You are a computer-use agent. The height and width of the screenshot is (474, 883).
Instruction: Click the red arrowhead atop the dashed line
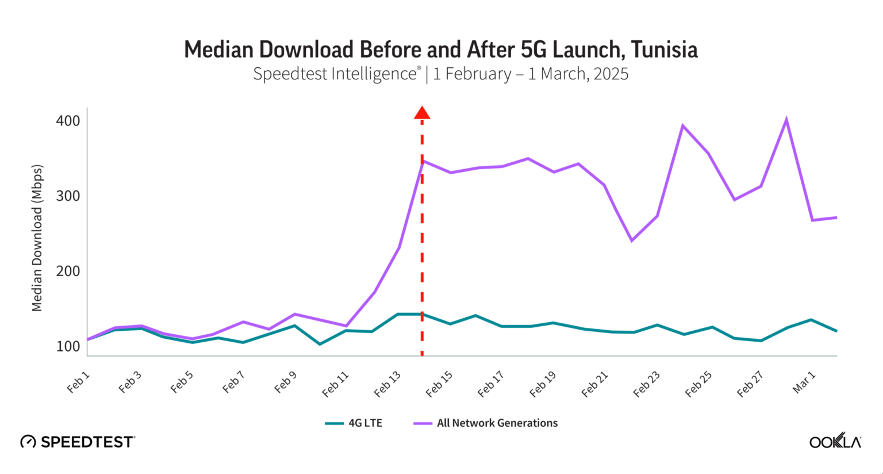pyautogui.click(x=422, y=113)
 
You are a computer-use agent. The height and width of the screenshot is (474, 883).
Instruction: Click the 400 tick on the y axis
pyautogui.click(x=68, y=121)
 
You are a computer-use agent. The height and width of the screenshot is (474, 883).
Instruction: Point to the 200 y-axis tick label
pyautogui.click(x=68, y=271)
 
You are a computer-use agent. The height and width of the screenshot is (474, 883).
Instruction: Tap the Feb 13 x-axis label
pyautogui.click(x=387, y=384)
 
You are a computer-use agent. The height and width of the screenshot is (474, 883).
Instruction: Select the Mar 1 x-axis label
pyautogui.click(x=804, y=383)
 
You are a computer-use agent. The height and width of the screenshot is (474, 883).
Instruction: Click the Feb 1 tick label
pyautogui.click(x=78, y=383)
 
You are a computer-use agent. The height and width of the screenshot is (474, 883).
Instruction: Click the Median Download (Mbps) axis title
pyautogui.click(x=37, y=238)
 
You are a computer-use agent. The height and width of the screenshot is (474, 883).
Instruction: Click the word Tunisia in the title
pyautogui.click(x=664, y=50)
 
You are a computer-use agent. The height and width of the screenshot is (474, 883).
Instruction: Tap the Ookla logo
pyautogui.click(x=835, y=441)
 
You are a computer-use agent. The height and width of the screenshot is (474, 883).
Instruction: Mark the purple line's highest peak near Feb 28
pyautogui.click(x=786, y=120)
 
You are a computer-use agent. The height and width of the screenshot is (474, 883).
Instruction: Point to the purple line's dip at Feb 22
pyautogui.click(x=632, y=240)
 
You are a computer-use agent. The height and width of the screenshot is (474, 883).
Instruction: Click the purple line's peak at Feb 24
pyautogui.click(x=682, y=125)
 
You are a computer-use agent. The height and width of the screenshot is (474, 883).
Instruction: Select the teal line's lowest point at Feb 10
pyautogui.click(x=320, y=344)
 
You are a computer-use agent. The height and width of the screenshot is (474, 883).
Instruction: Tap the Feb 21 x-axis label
pyautogui.click(x=594, y=384)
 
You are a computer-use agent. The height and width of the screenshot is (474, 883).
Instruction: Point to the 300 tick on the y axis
pyautogui.click(x=68, y=196)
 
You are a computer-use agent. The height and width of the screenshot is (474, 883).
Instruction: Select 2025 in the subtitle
pyautogui.click(x=611, y=74)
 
